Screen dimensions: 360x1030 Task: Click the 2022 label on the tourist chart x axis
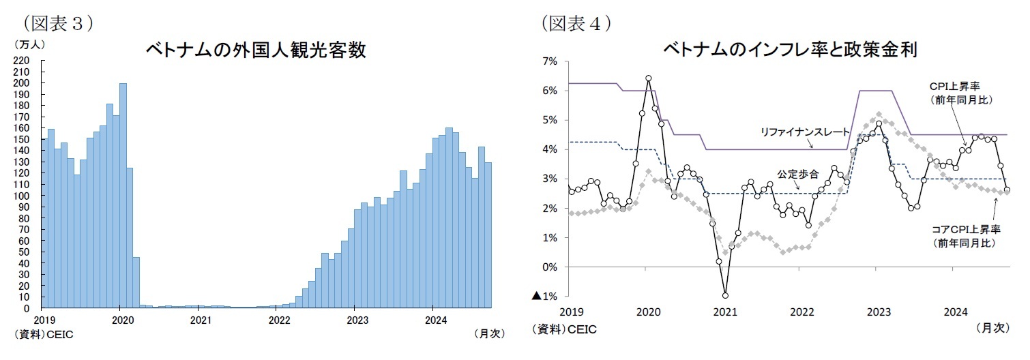point(278,319)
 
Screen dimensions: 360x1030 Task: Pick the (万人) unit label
point(27,44)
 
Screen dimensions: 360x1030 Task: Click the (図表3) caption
point(57,22)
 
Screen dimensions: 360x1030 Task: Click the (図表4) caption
point(576,22)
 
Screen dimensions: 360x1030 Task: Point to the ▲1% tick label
point(545,296)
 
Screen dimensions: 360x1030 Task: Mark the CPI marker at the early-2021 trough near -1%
point(725,295)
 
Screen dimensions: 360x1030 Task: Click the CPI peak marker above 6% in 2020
point(648,78)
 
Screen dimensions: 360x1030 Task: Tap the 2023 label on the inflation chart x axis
point(879,312)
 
